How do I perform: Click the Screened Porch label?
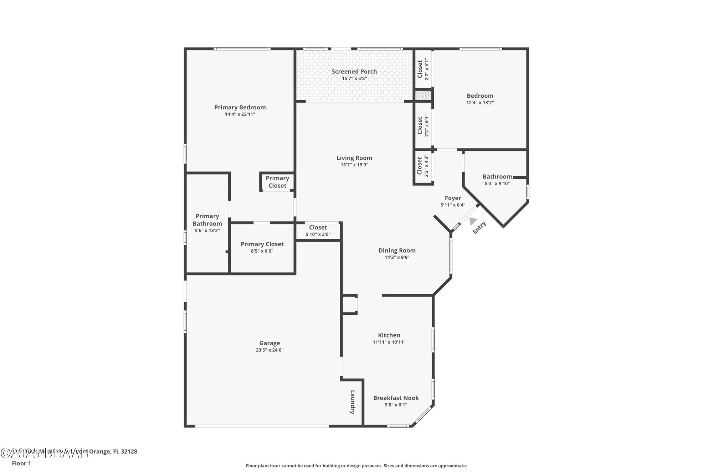click(354, 72)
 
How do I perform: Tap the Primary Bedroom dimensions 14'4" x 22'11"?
click(240, 114)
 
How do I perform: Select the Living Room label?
click(354, 158)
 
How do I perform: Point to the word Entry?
click(479, 228)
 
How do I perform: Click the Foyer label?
click(453, 198)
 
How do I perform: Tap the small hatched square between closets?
click(423, 95)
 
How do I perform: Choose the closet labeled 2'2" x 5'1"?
click(423, 69)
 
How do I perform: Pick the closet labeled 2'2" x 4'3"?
click(423, 166)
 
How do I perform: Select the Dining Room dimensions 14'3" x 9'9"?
click(397, 257)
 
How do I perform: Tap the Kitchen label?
click(389, 335)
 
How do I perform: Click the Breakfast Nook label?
click(396, 398)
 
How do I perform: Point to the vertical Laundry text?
click(353, 402)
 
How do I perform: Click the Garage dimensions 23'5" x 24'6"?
click(270, 350)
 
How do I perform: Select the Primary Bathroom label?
click(207, 220)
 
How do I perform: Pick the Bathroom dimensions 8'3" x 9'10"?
click(497, 184)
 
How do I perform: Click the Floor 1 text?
click(21, 463)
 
